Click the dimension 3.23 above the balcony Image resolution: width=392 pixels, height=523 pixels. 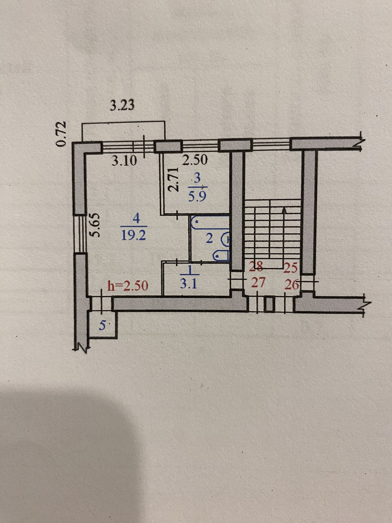tap(122, 105)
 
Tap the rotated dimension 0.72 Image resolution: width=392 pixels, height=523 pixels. tap(61, 134)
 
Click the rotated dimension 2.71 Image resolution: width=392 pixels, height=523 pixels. tap(173, 180)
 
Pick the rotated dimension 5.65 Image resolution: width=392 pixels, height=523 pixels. tap(95, 225)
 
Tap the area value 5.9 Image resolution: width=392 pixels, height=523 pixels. tap(197, 197)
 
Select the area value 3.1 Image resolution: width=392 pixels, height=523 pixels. tap(189, 284)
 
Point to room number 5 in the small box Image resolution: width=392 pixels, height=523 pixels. tap(102, 326)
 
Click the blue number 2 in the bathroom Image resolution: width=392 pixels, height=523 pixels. tap(209, 238)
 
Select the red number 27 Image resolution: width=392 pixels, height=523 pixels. tap(258, 282)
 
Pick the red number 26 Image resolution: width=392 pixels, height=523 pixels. tap(291, 285)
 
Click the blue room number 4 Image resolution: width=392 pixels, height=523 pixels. tap(136, 219)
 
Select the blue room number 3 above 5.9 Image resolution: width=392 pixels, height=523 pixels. tap(197, 178)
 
